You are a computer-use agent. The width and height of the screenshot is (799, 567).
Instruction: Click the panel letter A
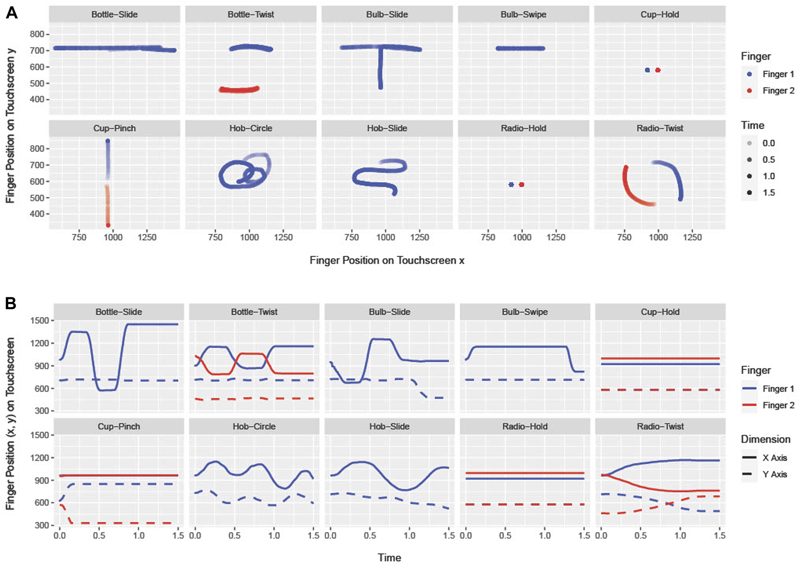[12, 13]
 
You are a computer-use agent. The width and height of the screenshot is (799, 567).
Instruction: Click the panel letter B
[10, 303]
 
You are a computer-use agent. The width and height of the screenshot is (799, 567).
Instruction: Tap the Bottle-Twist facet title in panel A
[251, 14]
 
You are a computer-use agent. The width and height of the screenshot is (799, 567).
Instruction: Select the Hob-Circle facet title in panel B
[254, 426]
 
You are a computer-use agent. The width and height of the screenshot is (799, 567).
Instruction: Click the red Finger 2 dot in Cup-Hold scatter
[658, 70]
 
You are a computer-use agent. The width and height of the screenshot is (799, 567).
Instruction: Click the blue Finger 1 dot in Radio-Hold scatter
[511, 184]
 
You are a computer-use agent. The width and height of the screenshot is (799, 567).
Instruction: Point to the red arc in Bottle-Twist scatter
[239, 90]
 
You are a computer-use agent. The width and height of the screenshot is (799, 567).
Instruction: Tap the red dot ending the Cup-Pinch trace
[108, 225]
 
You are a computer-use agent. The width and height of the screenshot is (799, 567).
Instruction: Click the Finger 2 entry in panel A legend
[778, 91]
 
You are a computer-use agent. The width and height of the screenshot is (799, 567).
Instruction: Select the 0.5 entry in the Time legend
[768, 160]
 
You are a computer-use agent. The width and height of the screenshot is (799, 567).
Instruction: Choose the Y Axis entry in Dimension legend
[774, 474]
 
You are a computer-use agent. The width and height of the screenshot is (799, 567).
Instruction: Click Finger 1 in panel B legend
[778, 389]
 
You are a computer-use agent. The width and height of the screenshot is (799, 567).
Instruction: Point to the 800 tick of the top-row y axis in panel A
[37, 34]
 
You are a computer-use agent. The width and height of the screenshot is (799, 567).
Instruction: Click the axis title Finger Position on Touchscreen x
[387, 260]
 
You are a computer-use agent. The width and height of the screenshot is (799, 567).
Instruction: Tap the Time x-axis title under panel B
[389, 558]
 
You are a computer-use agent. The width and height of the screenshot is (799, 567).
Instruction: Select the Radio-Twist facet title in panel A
[660, 129]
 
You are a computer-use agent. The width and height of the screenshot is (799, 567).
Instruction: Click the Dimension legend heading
[765, 439]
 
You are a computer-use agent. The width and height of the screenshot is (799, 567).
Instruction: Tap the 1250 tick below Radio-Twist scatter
[692, 237]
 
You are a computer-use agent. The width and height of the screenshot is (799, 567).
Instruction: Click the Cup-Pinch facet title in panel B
[119, 426]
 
